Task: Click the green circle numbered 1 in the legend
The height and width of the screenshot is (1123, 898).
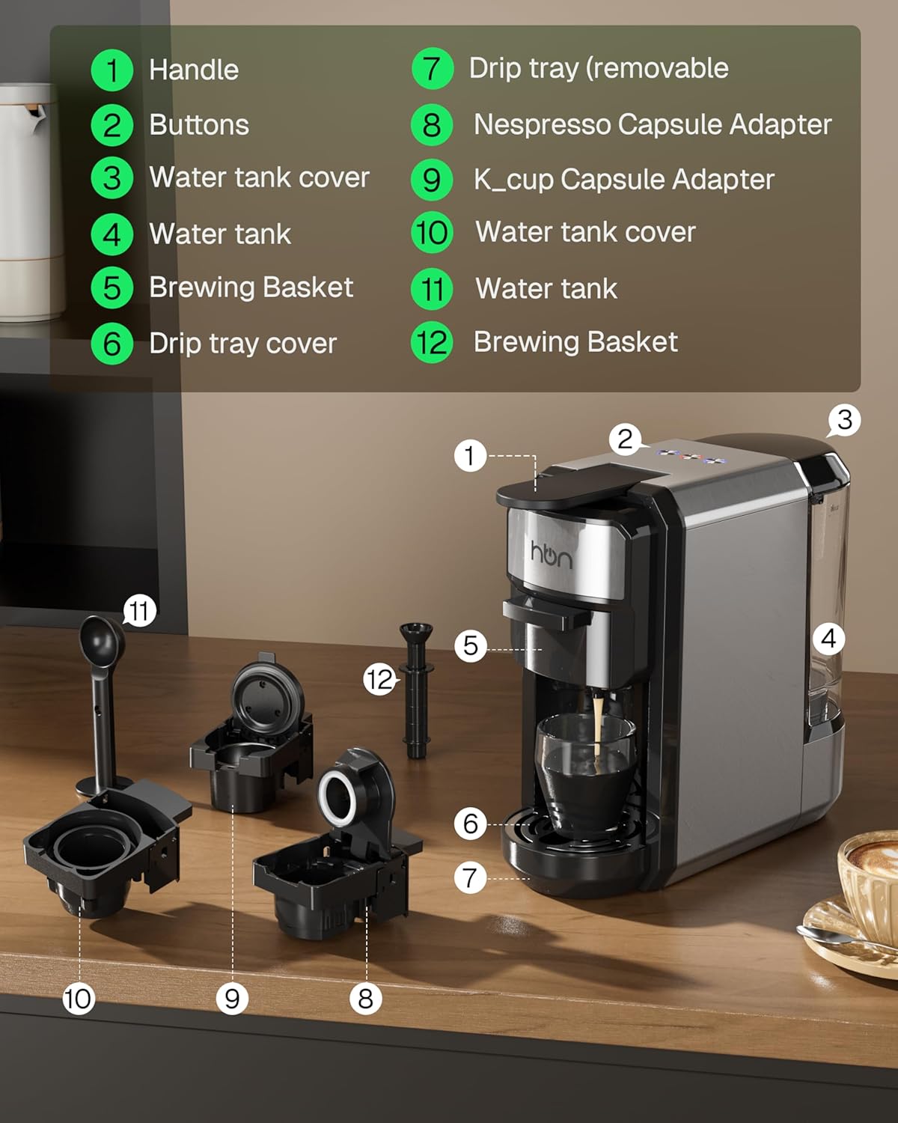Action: coord(112,70)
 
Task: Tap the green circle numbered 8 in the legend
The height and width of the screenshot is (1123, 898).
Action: coord(432,125)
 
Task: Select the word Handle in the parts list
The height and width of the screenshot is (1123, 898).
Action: coord(194,70)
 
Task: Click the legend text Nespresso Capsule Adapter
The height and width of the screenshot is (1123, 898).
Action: coord(653,125)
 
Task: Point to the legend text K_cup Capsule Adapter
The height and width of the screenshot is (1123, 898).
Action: coord(624,180)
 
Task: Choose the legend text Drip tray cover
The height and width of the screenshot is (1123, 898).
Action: coord(242,344)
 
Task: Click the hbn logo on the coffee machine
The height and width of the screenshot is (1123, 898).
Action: coord(552,555)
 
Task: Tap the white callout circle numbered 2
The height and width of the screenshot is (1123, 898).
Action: coord(626,439)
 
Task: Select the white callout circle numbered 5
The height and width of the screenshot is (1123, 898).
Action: coord(471,645)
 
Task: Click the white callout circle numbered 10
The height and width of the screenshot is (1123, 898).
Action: coord(78,999)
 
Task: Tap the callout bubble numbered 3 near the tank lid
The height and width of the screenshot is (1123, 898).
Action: coord(844,420)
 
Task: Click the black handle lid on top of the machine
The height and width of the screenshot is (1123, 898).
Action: coord(569,487)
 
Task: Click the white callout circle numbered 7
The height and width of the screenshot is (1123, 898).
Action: coord(470,877)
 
